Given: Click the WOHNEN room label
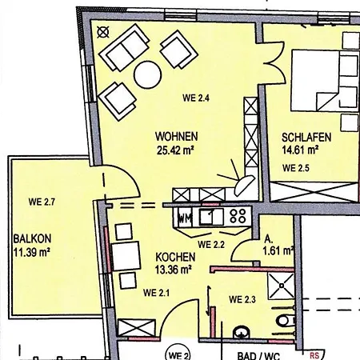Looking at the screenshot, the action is click(177, 137).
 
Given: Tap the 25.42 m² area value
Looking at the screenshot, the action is click(175, 150).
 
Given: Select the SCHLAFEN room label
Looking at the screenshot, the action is click(306, 138).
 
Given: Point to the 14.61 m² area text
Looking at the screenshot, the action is click(300, 150).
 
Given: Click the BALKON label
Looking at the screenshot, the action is click(32, 238).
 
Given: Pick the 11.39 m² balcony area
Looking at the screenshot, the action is click(32, 252).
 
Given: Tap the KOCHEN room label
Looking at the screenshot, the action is click(175, 257).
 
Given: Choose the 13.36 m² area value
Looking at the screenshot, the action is click(174, 270).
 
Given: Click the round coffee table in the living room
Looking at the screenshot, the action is click(148, 75).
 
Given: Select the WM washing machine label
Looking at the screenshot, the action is click(185, 219).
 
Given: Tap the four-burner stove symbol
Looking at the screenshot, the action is click(238, 216).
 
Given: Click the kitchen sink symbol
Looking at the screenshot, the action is click(211, 216).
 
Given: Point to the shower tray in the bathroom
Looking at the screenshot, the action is click(281, 286).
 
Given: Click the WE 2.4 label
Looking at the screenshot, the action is click(196, 98).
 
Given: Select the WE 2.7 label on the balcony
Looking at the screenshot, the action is click(42, 202).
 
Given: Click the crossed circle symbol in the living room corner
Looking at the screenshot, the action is click(103, 32).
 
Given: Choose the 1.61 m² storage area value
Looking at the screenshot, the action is click(278, 251).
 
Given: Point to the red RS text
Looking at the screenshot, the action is click(314, 355).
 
